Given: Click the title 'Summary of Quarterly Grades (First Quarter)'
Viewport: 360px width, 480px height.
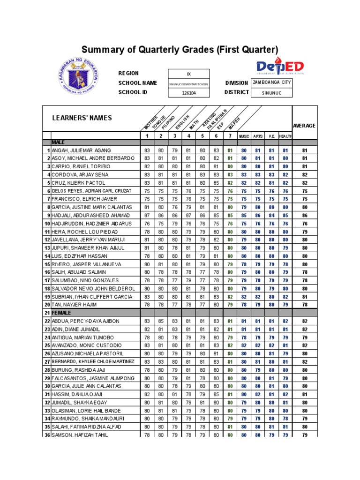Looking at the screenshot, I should pos(180,50).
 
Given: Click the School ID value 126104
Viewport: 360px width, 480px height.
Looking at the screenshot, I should pos(189,93).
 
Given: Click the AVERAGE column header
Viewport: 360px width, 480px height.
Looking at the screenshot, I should pos(304,126).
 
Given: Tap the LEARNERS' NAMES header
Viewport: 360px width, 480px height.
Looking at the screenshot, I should pos(82,118).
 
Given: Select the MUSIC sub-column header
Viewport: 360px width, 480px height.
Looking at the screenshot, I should pos(244,136).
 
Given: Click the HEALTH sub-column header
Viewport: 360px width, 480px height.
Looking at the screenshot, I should pos(285,136).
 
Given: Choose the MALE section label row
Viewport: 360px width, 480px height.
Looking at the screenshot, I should pos(59,142).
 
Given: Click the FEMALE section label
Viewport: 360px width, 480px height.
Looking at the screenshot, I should pos(61,313).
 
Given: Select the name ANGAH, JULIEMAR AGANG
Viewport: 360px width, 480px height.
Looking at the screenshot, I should pos(82,150).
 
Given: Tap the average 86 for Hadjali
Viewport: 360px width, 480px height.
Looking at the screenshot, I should pos(304,216).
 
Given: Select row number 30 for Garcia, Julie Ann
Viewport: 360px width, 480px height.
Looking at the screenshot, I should pos(47,386).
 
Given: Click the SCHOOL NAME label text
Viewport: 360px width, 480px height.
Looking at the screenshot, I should pos(137,82).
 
